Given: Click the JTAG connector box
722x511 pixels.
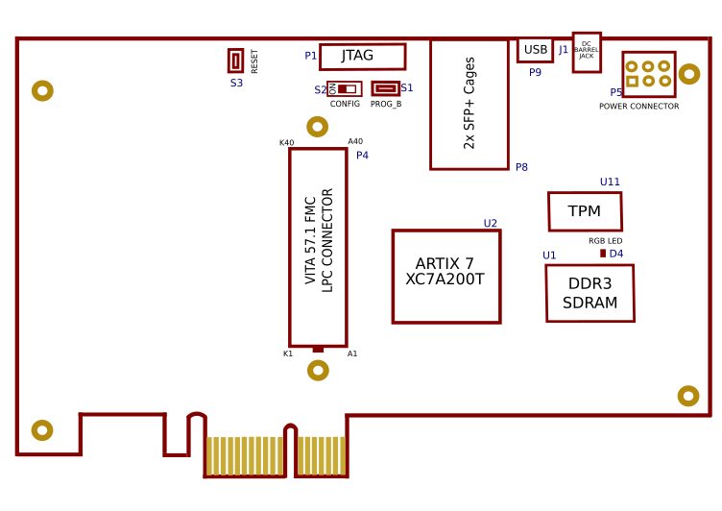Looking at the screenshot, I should [362, 57].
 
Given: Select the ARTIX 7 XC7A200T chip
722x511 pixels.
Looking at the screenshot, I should [445, 276].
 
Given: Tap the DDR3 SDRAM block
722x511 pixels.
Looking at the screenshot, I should [590, 293].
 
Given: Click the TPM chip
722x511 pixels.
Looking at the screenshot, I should [585, 211].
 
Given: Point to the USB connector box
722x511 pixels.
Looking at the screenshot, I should [535, 50].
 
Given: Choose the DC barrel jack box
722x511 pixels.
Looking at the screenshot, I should [587, 52].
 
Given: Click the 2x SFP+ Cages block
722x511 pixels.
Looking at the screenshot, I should [469, 104].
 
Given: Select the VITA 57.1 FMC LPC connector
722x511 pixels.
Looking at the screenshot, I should [318, 247].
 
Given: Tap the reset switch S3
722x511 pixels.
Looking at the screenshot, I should [235, 61].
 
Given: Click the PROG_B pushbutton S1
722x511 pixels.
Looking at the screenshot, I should [385, 88].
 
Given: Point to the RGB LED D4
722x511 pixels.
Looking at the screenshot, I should [603, 254].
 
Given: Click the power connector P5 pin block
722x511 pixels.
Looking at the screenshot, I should [648, 74].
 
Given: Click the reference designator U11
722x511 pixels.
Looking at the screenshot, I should [610, 182].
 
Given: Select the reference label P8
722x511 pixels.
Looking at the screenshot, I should [521, 167].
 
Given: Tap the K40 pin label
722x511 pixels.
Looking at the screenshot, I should [286, 143].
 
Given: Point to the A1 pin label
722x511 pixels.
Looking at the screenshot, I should [352, 353].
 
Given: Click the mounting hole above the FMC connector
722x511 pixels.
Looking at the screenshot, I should [317, 127].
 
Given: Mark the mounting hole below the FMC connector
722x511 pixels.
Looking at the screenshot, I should [318, 370].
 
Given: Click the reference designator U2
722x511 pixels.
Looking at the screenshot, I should [490, 224].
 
